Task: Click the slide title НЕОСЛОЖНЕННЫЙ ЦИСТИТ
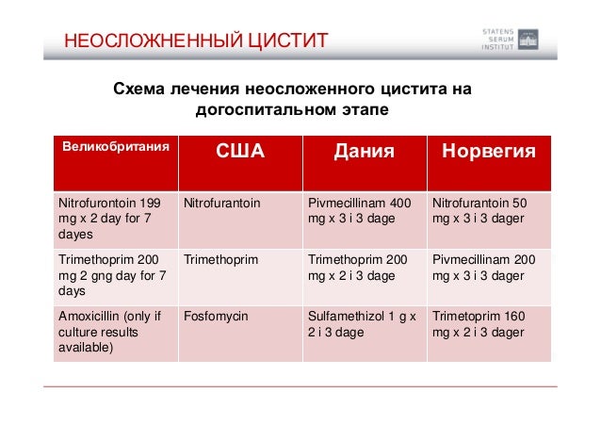coord(195,41)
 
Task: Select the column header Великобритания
coord(116,148)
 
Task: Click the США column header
coord(241,152)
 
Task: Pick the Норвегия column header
coord(489,152)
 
